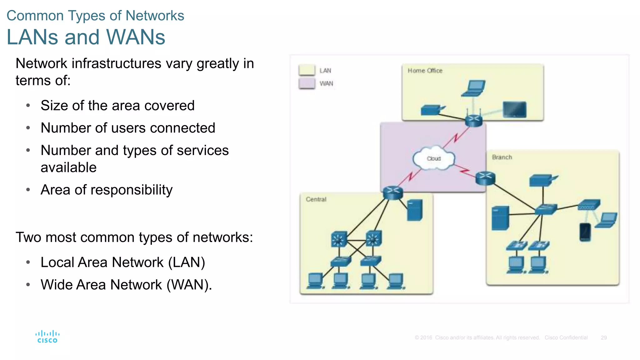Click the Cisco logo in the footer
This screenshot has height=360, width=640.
click(47, 337)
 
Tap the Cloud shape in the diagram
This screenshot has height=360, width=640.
click(434, 158)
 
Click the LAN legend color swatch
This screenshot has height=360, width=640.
click(307, 70)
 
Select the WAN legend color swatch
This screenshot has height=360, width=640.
click(307, 83)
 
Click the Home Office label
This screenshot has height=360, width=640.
click(425, 71)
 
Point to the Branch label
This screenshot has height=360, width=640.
click(502, 157)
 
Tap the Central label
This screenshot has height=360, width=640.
click(316, 199)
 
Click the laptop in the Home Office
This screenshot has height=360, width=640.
click(474, 88)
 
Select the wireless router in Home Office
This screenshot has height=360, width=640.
click(474, 120)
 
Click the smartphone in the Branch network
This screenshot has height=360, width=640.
click(585, 232)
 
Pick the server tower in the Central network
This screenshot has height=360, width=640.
click(415, 210)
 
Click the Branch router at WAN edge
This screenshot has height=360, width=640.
click(485, 178)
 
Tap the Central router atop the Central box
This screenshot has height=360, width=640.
click(393, 192)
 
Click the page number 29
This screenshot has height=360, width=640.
click(604, 338)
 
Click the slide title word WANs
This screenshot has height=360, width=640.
click(136, 37)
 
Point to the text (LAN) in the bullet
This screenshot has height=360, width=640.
click(186, 262)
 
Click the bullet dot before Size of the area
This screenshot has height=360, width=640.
click(28, 106)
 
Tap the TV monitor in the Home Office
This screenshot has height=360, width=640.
click(515, 110)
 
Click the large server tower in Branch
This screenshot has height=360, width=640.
click(500, 218)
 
